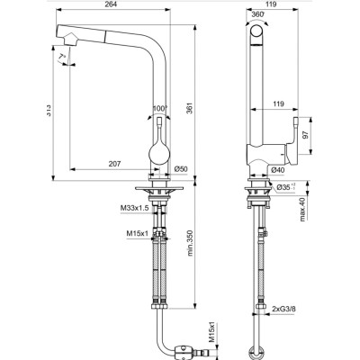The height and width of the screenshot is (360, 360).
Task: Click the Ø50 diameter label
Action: click(180, 168)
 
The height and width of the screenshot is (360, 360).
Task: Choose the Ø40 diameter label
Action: click(279, 168)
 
